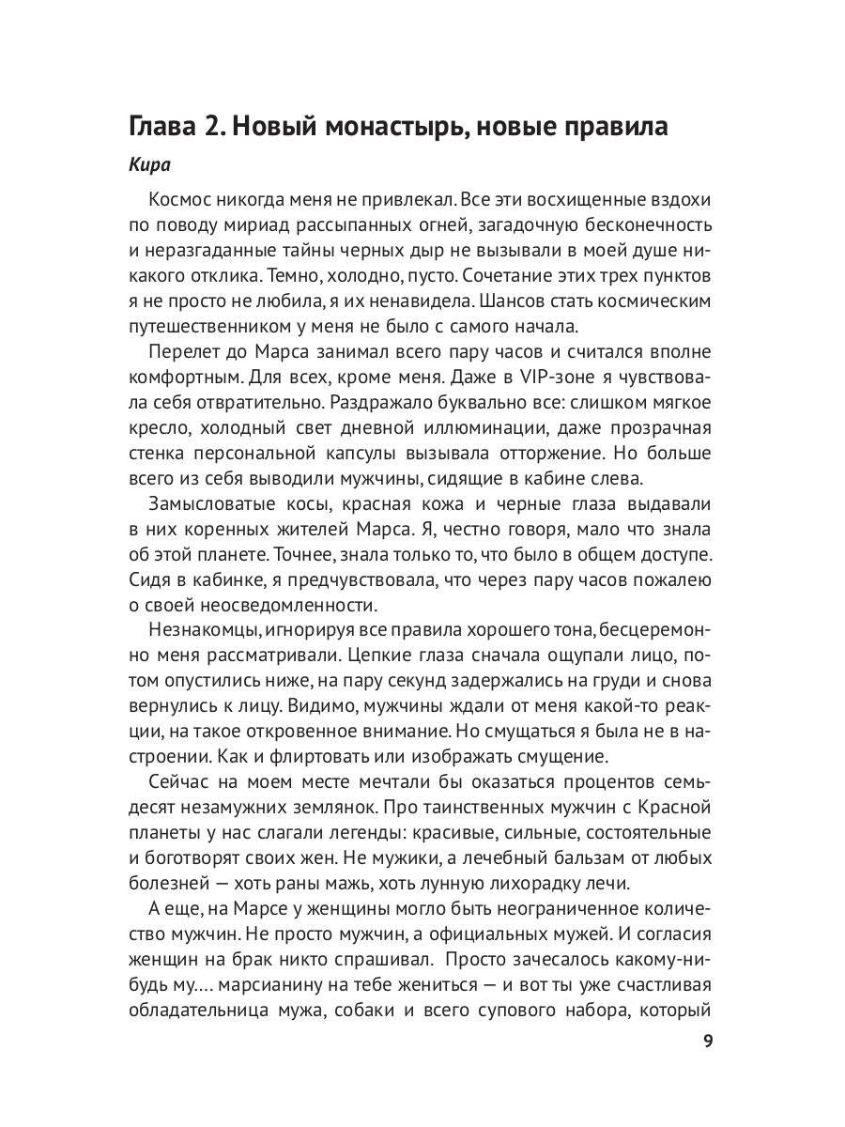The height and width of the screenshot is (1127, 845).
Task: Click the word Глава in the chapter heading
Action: point(166,126)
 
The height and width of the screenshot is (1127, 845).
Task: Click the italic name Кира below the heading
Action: point(149,165)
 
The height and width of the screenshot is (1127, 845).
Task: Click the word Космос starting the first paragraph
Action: point(181,200)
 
